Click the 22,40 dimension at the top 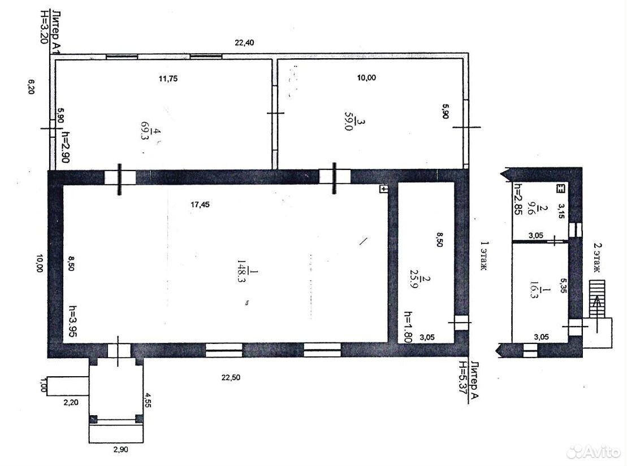coord(244,42)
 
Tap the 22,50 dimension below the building coord(231,377)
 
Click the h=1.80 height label coord(408,326)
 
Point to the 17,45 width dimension coord(200,204)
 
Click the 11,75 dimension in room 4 coord(168,79)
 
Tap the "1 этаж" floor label coord(483,256)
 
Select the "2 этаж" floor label coord(596,258)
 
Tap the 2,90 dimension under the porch coord(121,450)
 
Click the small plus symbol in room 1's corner coord(383,189)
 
